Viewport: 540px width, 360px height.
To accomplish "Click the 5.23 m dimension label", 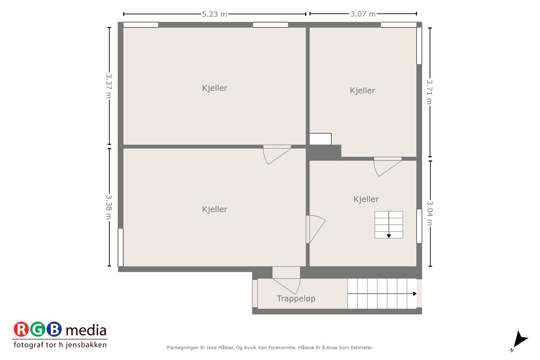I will click(214, 14).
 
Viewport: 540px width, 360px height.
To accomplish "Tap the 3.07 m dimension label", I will click(363, 14).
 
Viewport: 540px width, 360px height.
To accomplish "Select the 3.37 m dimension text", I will click(109, 86).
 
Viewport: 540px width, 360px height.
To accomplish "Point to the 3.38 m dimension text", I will click(109, 207).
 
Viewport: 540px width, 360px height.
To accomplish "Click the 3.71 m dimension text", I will click(429, 92).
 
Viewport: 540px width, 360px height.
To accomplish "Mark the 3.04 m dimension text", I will click(430, 213).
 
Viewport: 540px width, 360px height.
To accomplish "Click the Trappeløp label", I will click(296, 299).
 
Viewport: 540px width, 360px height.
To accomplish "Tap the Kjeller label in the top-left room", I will click(215, 88).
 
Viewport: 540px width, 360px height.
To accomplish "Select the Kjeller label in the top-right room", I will click(362, 91).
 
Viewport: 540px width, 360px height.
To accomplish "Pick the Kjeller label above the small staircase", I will click(366, 199).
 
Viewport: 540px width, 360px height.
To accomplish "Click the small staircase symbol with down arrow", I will click(389, 225).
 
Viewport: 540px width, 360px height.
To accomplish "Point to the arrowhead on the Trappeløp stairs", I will click(415, 294).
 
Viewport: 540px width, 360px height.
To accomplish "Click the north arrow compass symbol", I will click(520, 340).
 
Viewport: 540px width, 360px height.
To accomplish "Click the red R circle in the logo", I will click(21, 329).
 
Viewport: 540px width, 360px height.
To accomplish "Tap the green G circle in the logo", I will click(37, 329).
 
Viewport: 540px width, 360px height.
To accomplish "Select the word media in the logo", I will click(86, 330).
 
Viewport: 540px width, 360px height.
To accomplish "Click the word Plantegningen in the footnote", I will click(182, 348).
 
